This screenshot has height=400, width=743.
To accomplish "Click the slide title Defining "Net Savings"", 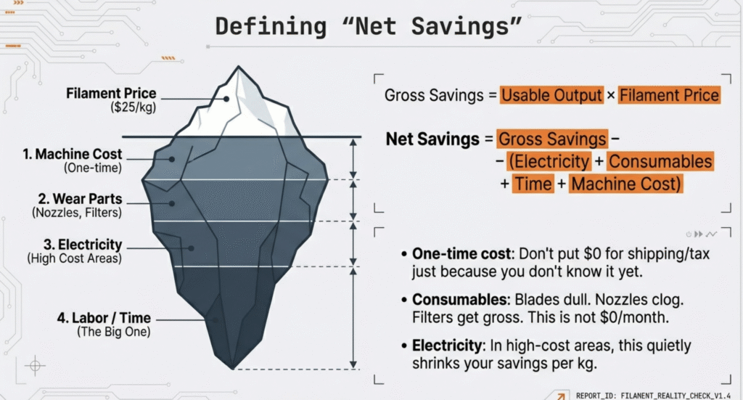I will click(x=371, y=28).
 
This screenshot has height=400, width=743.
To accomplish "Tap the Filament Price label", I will click(x=111, y=94).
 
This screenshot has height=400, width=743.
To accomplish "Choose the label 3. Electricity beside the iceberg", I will click(x=80, y=245).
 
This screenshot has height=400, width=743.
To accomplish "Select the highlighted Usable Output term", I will click(x=551, y=95).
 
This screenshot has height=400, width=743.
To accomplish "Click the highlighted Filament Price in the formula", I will click(x=669, y=95).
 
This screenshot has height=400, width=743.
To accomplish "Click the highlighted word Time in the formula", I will click(x=533, y=184).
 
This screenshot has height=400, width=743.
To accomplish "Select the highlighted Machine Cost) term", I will click(x=625, y=184).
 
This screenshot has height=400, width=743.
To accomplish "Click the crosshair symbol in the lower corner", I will click(x=34, y=365).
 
